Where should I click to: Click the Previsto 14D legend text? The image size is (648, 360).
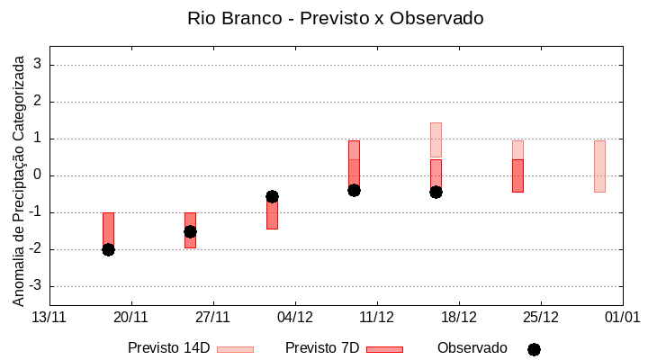tap(169, 348)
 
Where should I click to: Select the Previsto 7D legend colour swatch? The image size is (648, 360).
tap(384, 349)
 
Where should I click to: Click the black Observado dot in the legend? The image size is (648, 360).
tap(534, 349)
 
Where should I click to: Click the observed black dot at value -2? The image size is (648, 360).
tap(108, 249)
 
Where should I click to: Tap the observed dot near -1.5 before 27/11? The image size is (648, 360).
tap(190, 231)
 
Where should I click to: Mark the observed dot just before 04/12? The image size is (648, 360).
tap(272, 196)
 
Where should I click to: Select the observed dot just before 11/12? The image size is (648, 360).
tap(354, 190)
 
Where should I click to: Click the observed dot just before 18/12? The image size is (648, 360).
tap(436, 192)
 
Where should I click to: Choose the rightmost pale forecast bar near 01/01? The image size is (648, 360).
tap(599, 166)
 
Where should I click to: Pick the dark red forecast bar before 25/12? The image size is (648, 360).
tap(517, 175)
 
